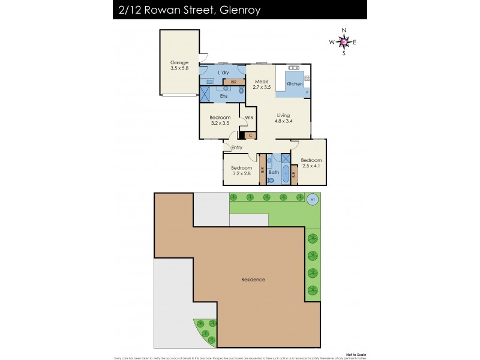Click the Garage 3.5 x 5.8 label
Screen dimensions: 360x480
click(x=179, y=65)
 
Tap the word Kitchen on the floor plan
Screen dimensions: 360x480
click(x=294, y=84)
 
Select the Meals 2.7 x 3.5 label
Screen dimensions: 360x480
click(x=262, y=84)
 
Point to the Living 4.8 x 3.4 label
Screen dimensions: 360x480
click(x=283, y=118)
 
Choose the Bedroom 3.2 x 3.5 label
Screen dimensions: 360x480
click(x=220, y=120)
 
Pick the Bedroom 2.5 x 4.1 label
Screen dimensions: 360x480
click(x=311, y=163)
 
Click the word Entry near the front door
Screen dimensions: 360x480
click(x=236, y=147)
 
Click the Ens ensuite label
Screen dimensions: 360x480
click(x=223, y=96)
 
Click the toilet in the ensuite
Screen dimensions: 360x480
click(x=242, y=91)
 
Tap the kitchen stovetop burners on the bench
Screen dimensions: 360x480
click(x=293, y=67)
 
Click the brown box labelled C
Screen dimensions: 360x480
click(x=250, y=136)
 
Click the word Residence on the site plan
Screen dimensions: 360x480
click(x=253, y=280)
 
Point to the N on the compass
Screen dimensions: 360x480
click(x=344, y=31)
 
